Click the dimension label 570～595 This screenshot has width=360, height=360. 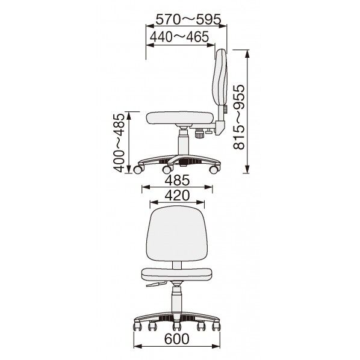tap(188, 19)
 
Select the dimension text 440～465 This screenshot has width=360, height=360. tap(179, 37)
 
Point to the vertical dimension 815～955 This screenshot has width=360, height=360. tap(239, 117)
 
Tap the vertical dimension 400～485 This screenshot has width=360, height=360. tap(119, 143)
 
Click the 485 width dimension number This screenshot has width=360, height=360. tap(178, 180)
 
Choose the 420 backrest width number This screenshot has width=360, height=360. tap(178, 196)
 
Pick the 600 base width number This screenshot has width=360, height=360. tap(177, 339)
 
